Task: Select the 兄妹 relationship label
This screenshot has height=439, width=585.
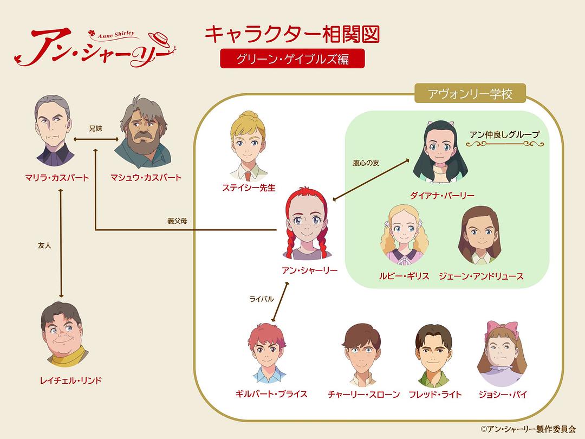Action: (95, 128)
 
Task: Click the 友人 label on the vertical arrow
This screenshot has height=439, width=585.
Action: (44, 246)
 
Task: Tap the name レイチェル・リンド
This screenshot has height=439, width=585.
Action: (70, 381)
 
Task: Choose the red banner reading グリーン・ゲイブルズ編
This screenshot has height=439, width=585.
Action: (292, 59)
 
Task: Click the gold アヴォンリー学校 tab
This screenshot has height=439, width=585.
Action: (470, 94)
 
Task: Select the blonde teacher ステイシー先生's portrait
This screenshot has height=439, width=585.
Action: (248, 146)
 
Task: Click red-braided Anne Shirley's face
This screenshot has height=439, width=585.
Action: (307, 224)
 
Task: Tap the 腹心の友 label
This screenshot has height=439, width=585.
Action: (366, 163)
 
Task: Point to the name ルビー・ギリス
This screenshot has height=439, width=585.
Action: (404, 276)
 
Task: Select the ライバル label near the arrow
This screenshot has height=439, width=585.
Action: (262, 299)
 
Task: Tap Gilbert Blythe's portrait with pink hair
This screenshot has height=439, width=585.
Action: (267, 353)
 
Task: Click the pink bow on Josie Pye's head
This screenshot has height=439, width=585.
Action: (502, 328)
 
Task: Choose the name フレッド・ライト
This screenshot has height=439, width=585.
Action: (435, 395)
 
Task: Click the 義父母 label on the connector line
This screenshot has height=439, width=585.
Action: (177, 221)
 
